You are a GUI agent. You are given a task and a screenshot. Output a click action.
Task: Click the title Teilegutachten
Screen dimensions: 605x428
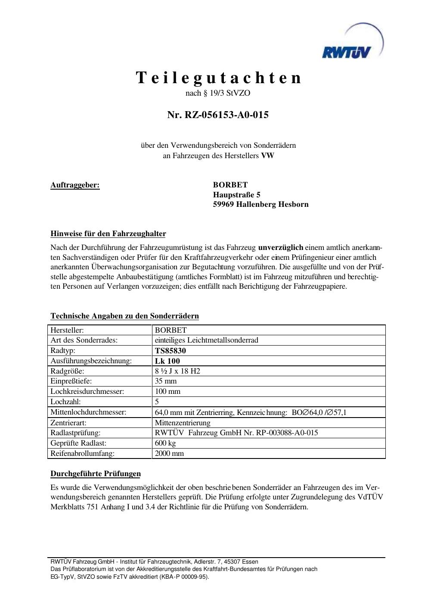pyautogui.click(x=218, y=78)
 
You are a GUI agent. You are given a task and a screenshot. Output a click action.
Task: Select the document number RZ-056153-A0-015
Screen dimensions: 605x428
pyautogui.click(x=218, y=115)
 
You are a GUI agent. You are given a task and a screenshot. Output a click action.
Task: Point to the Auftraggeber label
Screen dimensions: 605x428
pyautogui.click(x=75, y=185)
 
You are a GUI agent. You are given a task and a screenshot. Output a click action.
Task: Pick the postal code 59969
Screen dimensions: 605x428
pyautogui.click(x=223, y=204)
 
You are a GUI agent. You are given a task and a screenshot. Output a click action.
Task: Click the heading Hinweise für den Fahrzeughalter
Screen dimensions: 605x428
pyautogui.click(x=108, y=234)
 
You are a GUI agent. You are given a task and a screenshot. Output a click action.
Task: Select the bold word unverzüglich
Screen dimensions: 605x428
pyautogui.click(x=280, y=248)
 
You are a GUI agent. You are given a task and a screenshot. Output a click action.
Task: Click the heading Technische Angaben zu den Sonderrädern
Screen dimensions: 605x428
pyautogui.click(x=124, y=316)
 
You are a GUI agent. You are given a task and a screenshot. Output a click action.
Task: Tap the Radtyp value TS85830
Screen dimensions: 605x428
pyautogui.click(x=171, y=351)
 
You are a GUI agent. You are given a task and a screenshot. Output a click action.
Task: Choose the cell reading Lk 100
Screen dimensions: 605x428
pyautogui.click(x=167, y=361)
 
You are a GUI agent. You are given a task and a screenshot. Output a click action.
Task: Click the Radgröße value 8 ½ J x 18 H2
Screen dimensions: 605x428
pyautogui.click(x=177, y=371)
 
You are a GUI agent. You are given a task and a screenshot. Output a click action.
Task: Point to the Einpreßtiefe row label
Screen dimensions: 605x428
pyautogui.click(x=71, y=381)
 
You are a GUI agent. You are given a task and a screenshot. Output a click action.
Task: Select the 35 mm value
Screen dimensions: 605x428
pyautogui.click(x=166, y=381)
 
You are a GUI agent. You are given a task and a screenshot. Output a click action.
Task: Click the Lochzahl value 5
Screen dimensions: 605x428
pyautogui.click(x=157, y=402)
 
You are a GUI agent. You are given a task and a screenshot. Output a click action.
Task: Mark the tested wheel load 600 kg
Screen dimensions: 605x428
pyautogui.click(x=165, y=443)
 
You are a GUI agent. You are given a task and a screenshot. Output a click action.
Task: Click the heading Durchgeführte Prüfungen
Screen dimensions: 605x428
pyautogui.click(x=96, y=474)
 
